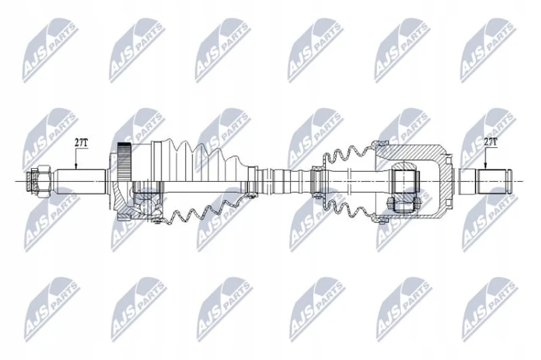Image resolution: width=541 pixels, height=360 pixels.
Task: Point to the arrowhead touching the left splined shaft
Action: [76, 167]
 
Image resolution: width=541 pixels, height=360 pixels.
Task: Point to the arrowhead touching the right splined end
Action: [485, 167]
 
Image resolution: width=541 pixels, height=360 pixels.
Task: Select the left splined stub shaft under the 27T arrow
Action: [82, 181]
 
